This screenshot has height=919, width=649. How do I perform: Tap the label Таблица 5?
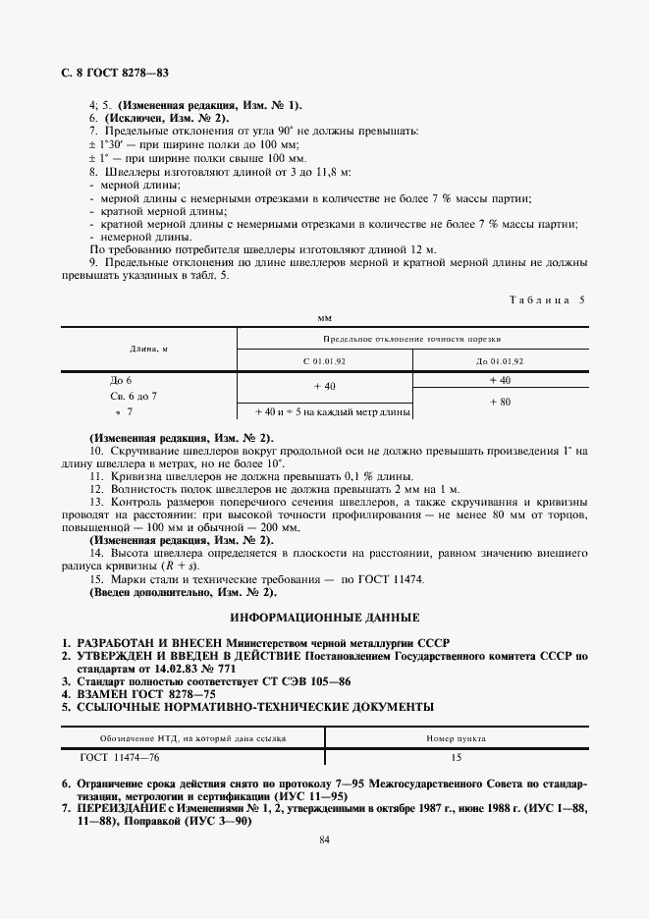[x=545, y=300]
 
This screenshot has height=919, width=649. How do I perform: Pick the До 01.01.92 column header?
[x=499, y=361]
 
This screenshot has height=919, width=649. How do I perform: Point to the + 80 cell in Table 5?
[x=499, y=403]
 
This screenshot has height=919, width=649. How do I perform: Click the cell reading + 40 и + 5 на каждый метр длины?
[x=324, y=413]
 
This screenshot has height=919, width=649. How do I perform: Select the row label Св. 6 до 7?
[x=133, y=396]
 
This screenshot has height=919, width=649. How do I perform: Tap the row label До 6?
[x=121, y=380]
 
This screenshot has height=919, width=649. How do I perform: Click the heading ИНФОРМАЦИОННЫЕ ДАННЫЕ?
[x=324, y=618]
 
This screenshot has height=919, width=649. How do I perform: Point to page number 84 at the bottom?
[x=324, y=839]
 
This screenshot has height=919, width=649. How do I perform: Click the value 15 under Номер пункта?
[x=457, y=758]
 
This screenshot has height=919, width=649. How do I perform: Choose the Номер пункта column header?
[x=457, y=737]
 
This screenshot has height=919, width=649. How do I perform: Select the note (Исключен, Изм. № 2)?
[x=159, y=117]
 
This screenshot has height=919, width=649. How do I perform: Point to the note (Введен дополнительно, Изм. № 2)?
[x=184, y=594]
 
